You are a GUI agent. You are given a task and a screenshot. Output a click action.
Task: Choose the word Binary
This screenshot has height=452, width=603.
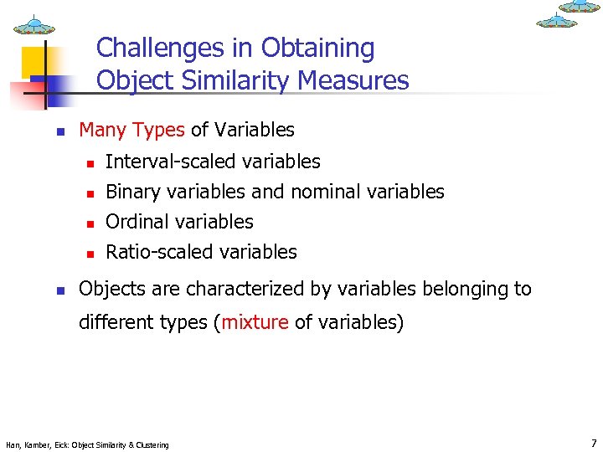click(x=133, y=192)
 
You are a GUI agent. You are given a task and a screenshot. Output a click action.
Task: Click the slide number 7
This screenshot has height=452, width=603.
click(x=594, y=444)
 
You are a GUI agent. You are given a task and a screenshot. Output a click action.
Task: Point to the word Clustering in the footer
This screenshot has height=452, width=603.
click(x=150, y=444)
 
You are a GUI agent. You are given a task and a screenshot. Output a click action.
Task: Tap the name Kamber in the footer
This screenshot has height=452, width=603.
click(x=39, y=444)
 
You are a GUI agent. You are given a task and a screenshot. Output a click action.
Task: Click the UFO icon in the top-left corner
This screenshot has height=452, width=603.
click(x=34, y=26)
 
